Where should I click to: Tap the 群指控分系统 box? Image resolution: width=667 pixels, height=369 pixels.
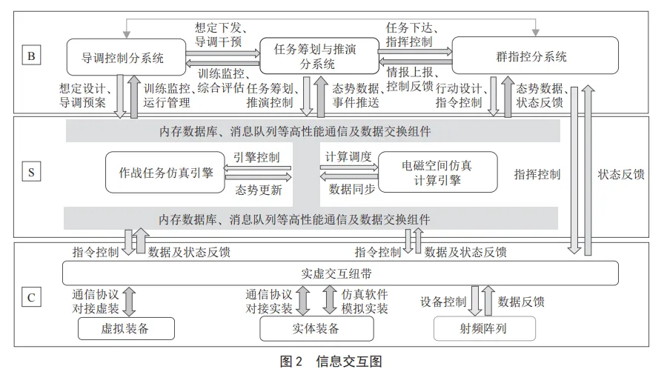535,56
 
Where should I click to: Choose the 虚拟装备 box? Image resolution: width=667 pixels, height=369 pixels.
126,328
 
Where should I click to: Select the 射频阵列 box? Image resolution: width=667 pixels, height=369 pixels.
484,328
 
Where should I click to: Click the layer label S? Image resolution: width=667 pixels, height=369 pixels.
30,173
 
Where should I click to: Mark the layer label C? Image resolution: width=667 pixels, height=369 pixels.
30,298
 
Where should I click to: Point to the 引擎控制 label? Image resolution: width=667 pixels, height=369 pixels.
257,157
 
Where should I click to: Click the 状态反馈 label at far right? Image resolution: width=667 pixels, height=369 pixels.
622,175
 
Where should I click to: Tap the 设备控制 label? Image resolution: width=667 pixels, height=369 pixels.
443,302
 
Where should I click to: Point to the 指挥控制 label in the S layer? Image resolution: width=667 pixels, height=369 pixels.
537,175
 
